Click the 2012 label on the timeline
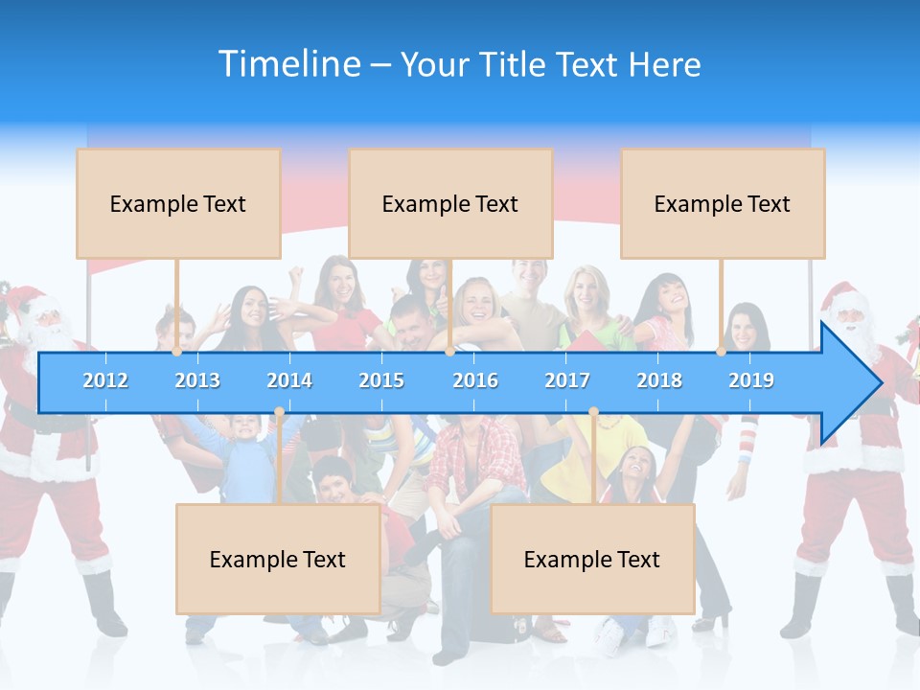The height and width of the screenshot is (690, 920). pos(105,380)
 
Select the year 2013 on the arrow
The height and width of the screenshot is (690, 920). pos(197,380)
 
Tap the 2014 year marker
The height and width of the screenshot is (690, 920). pos(289,380)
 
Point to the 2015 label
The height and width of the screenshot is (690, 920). pos(381,380)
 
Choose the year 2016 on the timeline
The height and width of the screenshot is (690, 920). pos(475,380)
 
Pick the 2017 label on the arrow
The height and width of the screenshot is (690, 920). pos(567,380)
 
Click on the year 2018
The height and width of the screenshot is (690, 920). pos(659,380)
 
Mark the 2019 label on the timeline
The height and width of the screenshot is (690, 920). pos(751,380)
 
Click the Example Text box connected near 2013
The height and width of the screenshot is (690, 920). pos(178,203)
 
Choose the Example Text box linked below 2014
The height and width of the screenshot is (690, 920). pos(278,559)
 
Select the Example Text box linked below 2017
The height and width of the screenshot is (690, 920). pos(592,559)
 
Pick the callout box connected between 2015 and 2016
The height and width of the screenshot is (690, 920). pos(450,203)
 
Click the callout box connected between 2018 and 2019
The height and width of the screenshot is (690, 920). pos(723,203)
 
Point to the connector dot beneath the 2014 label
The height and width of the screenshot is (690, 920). pos(279,412)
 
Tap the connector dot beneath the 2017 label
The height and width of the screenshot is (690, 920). pos(593,412)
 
